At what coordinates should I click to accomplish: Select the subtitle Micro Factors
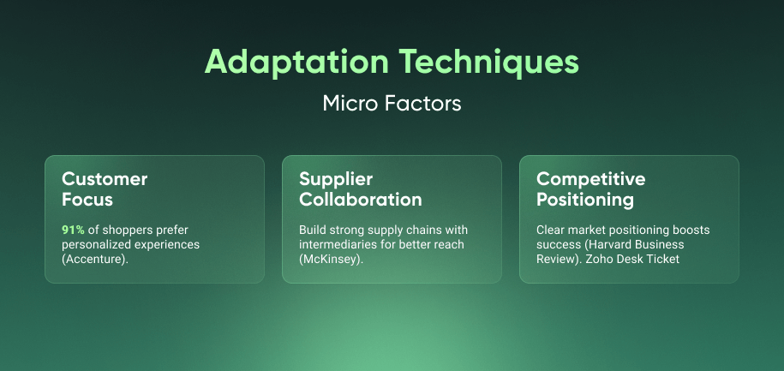pos(392,104)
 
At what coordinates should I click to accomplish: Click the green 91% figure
pos(74,230)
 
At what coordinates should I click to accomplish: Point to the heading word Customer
pos(105,179)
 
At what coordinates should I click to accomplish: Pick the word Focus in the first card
pos(87,200)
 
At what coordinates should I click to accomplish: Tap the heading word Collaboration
pos(361,200)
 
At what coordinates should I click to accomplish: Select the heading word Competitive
pos(591,179)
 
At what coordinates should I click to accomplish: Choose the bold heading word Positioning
pos(585,200)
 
